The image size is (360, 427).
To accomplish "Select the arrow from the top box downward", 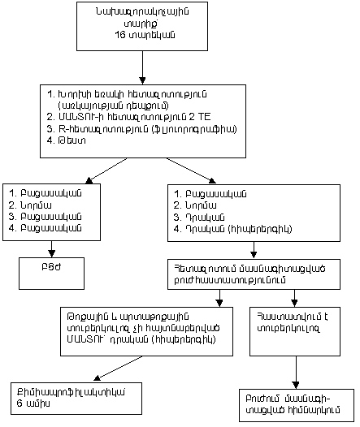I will coord(142,75).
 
